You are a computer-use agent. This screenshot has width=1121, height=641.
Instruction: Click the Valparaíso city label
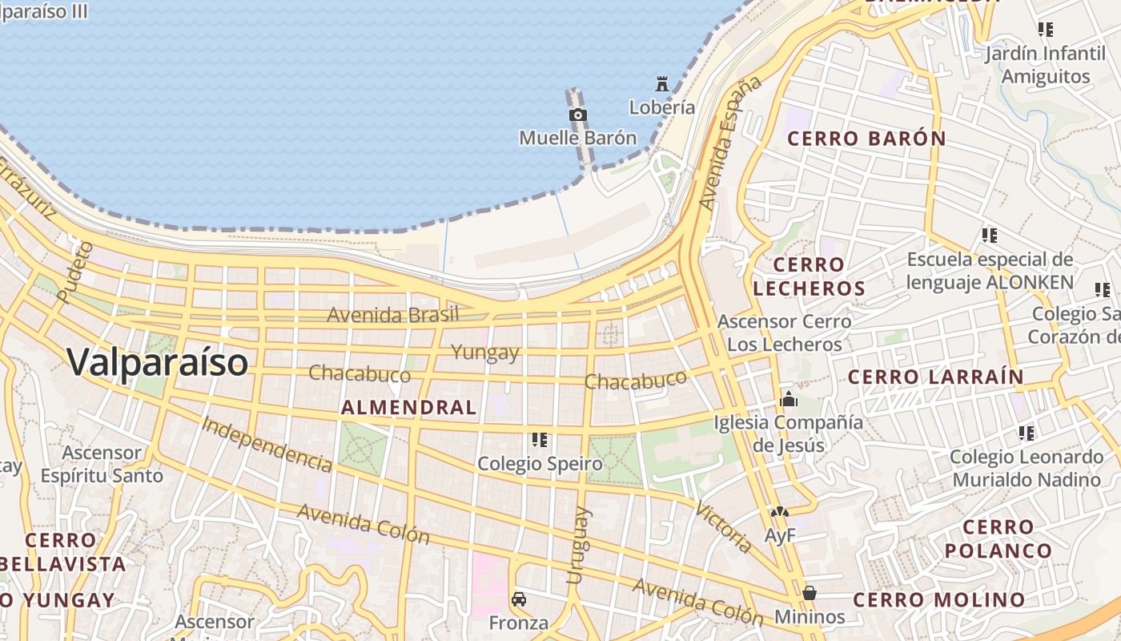[158, 362]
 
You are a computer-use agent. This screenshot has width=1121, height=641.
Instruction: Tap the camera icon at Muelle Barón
[577, 115]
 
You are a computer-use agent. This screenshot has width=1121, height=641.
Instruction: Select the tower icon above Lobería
[662, 83]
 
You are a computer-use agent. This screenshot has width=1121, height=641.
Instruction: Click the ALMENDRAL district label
[409, 407]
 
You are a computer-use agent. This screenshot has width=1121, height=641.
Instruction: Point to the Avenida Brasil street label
[393, 314]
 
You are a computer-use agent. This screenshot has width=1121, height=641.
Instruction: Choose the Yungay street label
[485, 352]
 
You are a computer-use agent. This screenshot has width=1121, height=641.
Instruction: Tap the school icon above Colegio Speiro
[540, 440]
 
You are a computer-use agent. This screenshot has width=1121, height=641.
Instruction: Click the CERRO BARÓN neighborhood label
[866, 139]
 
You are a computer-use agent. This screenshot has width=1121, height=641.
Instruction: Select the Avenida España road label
[729, 144]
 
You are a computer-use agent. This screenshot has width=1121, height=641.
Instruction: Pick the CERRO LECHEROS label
[809, 276]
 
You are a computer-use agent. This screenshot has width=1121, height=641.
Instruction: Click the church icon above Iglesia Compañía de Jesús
[789, 398]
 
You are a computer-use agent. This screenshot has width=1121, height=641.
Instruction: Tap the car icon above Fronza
[519, 599]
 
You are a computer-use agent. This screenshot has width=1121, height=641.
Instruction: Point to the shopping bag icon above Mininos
[810, 593]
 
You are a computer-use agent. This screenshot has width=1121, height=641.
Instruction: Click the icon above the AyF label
[779, 511]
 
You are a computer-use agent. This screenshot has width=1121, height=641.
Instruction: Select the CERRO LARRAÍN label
[935, 377]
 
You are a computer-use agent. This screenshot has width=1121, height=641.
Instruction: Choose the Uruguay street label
[578, 545]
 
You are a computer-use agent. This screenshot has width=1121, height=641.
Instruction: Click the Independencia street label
[267, 445]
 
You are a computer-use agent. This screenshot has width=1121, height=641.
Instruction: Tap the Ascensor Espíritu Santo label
[102, 464]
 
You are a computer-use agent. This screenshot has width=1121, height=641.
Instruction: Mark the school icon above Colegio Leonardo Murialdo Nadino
[1026, 433]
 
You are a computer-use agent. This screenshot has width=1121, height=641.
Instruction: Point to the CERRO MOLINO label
[938, 599]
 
